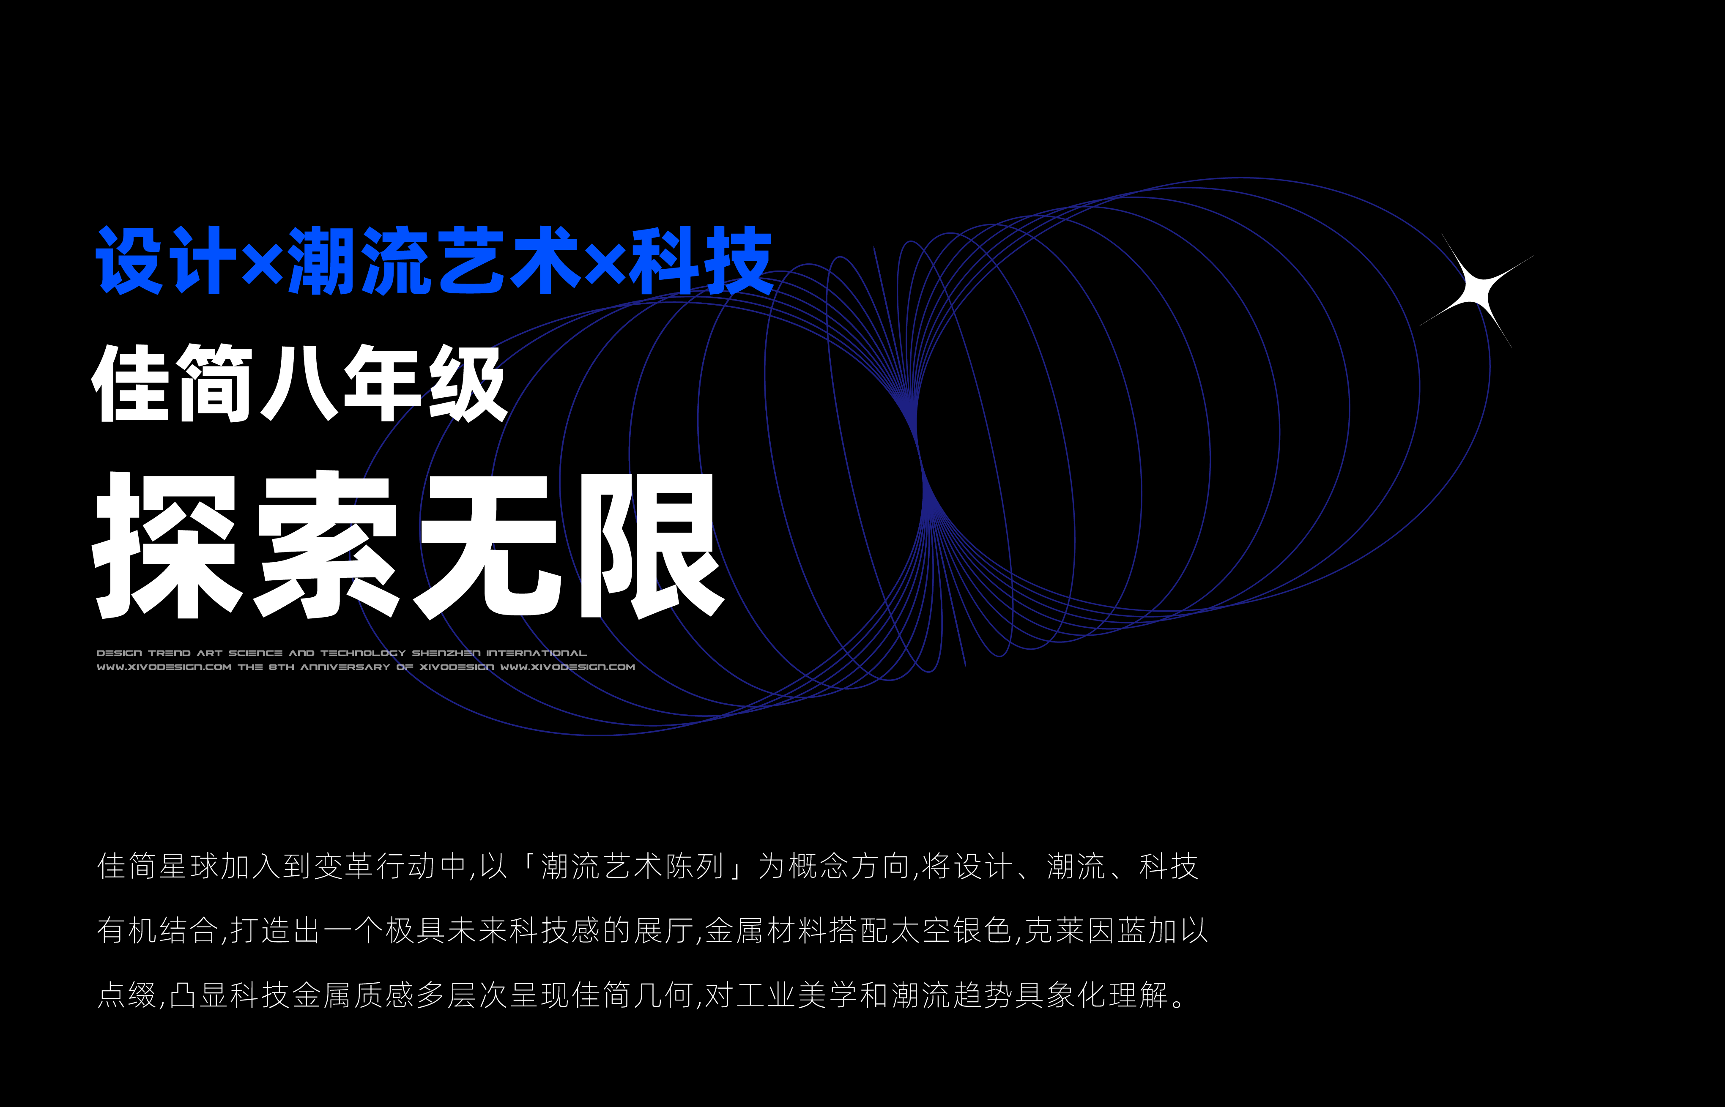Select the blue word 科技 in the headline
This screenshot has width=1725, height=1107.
coord(701,260)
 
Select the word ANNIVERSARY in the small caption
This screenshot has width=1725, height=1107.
coord(345,667)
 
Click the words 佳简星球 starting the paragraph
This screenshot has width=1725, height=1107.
coord(158,866)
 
